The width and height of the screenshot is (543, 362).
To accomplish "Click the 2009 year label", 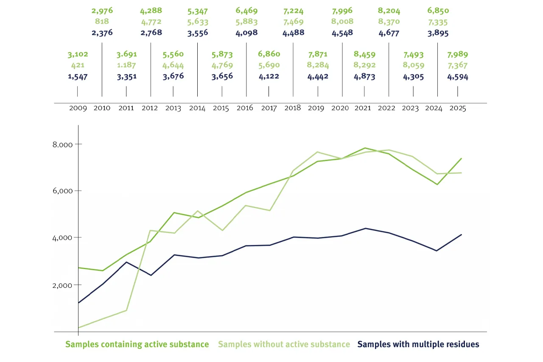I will (x=78, y=108).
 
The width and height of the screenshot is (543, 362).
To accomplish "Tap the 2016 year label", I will (x=245, y=108).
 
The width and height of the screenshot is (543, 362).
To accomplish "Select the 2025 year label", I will (x=457, y=108).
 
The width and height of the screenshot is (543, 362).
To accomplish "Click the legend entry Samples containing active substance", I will (x=137, y=344).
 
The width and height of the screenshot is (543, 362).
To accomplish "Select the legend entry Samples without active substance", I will (x=284, y=344).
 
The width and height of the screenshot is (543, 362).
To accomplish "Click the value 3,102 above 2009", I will (x=78, y=55).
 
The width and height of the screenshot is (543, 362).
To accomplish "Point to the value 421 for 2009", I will (x=78, y=65).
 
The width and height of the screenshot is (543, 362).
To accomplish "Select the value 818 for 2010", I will (x=102, y=21).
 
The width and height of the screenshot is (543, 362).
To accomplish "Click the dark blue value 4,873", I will (x=364, y=77).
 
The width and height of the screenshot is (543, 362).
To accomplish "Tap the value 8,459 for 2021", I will (x=364, y=55).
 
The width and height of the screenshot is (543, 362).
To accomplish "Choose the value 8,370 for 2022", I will (x=389, y=21).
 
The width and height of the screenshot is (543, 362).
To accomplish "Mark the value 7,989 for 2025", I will (x=458, y=55).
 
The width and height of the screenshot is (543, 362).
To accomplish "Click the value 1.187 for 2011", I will (x=126, y=65).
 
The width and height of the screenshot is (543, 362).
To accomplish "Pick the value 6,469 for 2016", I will (x=246, y=11).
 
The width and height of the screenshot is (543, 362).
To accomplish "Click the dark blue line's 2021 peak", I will (x=365, y=228).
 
